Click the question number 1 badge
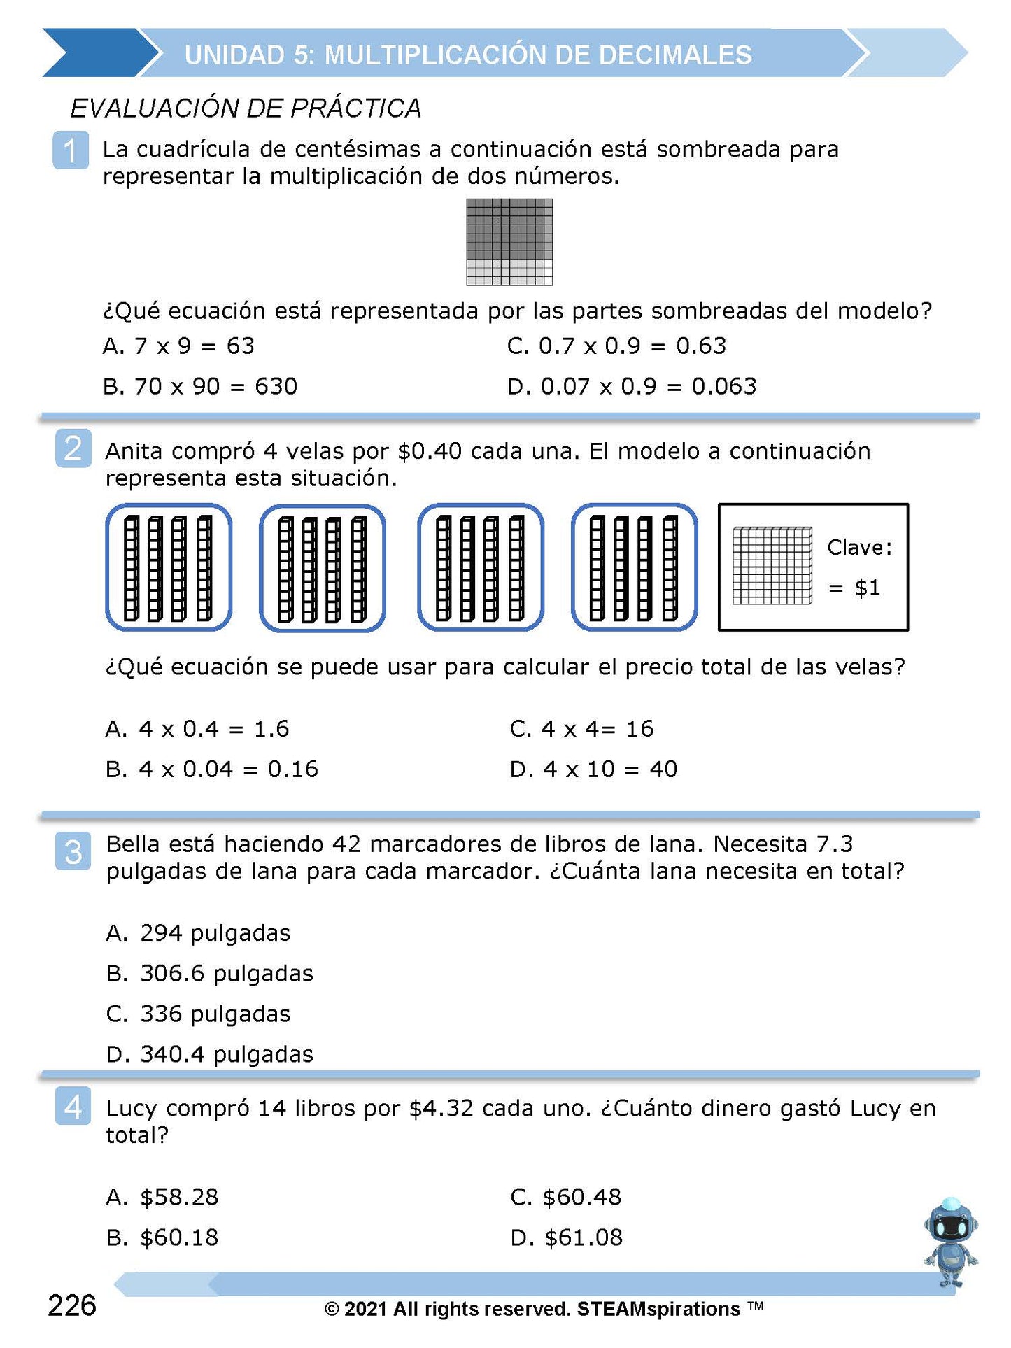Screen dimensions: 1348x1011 tap(71, 150)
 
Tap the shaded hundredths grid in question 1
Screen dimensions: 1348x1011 tap(509, 242)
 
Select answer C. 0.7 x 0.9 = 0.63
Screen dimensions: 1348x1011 tap(616, 346)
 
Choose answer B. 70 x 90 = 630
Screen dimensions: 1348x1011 tap(200, 386)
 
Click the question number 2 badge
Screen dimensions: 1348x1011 tap(73, 448)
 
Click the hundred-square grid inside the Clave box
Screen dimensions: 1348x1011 tap(772, 566)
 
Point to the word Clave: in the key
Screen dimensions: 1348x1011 tap(860, 547)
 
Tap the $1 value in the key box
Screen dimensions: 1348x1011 tap(867, 588)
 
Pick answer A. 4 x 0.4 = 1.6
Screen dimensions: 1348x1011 tap(197, 729)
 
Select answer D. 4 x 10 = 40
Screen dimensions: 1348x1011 tap(593, 769)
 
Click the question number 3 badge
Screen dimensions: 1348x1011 tap(73, 851)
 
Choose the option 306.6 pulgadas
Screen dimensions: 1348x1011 tap(210, 974)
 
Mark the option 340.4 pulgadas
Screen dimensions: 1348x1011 tap(210, 1054)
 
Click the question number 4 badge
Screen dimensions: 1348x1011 tap(73, 1107)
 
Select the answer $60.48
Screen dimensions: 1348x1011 tap(566, 1197)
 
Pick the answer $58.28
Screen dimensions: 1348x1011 tap(162, 1197)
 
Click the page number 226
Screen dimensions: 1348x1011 tap(72, 1305)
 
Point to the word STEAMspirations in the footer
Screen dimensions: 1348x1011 tap(658, 1309)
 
